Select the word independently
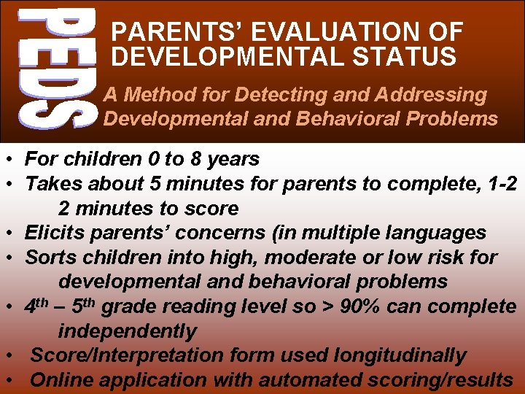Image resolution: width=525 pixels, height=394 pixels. (128, 331)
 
